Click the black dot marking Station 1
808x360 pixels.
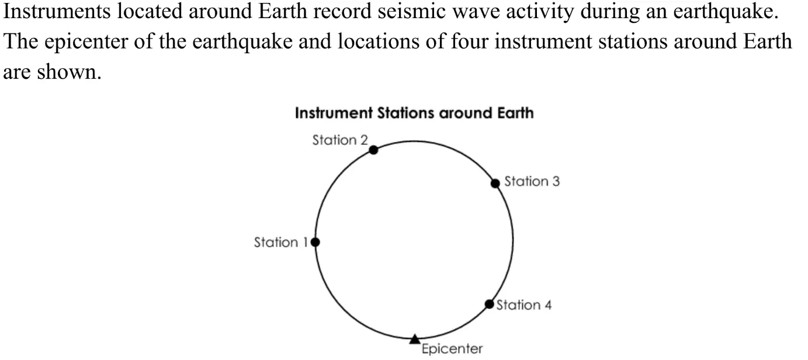[x=315, y=242]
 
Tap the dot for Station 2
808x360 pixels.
[x=373, y=150]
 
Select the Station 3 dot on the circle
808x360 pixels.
[x=495, y=184]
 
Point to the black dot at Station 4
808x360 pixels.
[x=489, y=304]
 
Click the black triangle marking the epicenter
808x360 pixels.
[x=415, y=339]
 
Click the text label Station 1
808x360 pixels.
[x=280, y=243]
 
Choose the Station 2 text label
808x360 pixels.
[x=340, y=140]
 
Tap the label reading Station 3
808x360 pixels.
[x=532, y=181]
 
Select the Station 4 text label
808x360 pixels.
[x=523, y=305]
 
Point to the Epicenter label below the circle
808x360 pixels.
[x=452, y=349]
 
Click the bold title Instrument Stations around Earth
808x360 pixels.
[x=414, y=113]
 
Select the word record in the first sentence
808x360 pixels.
[x=342, y=12]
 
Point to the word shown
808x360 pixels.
[x=70, y=72]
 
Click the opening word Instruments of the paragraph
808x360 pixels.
[x=57, y=12]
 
